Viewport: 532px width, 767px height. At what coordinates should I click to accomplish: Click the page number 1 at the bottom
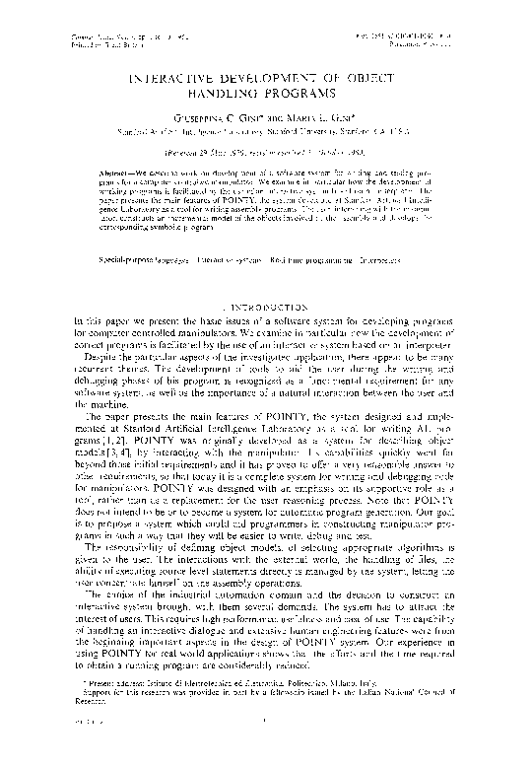point(265,755)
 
